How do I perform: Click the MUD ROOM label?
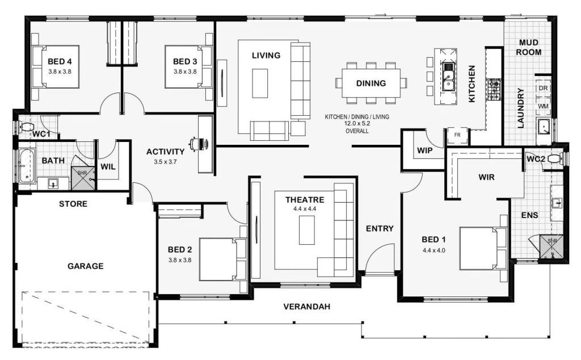pos(529,48)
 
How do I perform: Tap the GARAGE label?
pos(86,266)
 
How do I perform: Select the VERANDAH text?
pos(307,307)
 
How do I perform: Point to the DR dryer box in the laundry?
pos(543,88)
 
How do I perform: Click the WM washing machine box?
pos(543,106)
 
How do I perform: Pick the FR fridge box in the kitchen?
pos(457,136)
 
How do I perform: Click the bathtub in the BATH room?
pos(27,166)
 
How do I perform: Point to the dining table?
pos(371,83)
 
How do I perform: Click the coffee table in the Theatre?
pos(307,230)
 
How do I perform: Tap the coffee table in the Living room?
pos(260,83)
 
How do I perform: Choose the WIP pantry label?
pos(424,150)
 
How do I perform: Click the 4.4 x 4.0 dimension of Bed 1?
pos(434,250)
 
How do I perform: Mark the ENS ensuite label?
pos(529,215)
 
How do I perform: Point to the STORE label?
pos(73,203)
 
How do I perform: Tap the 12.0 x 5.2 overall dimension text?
pos(357,124)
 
